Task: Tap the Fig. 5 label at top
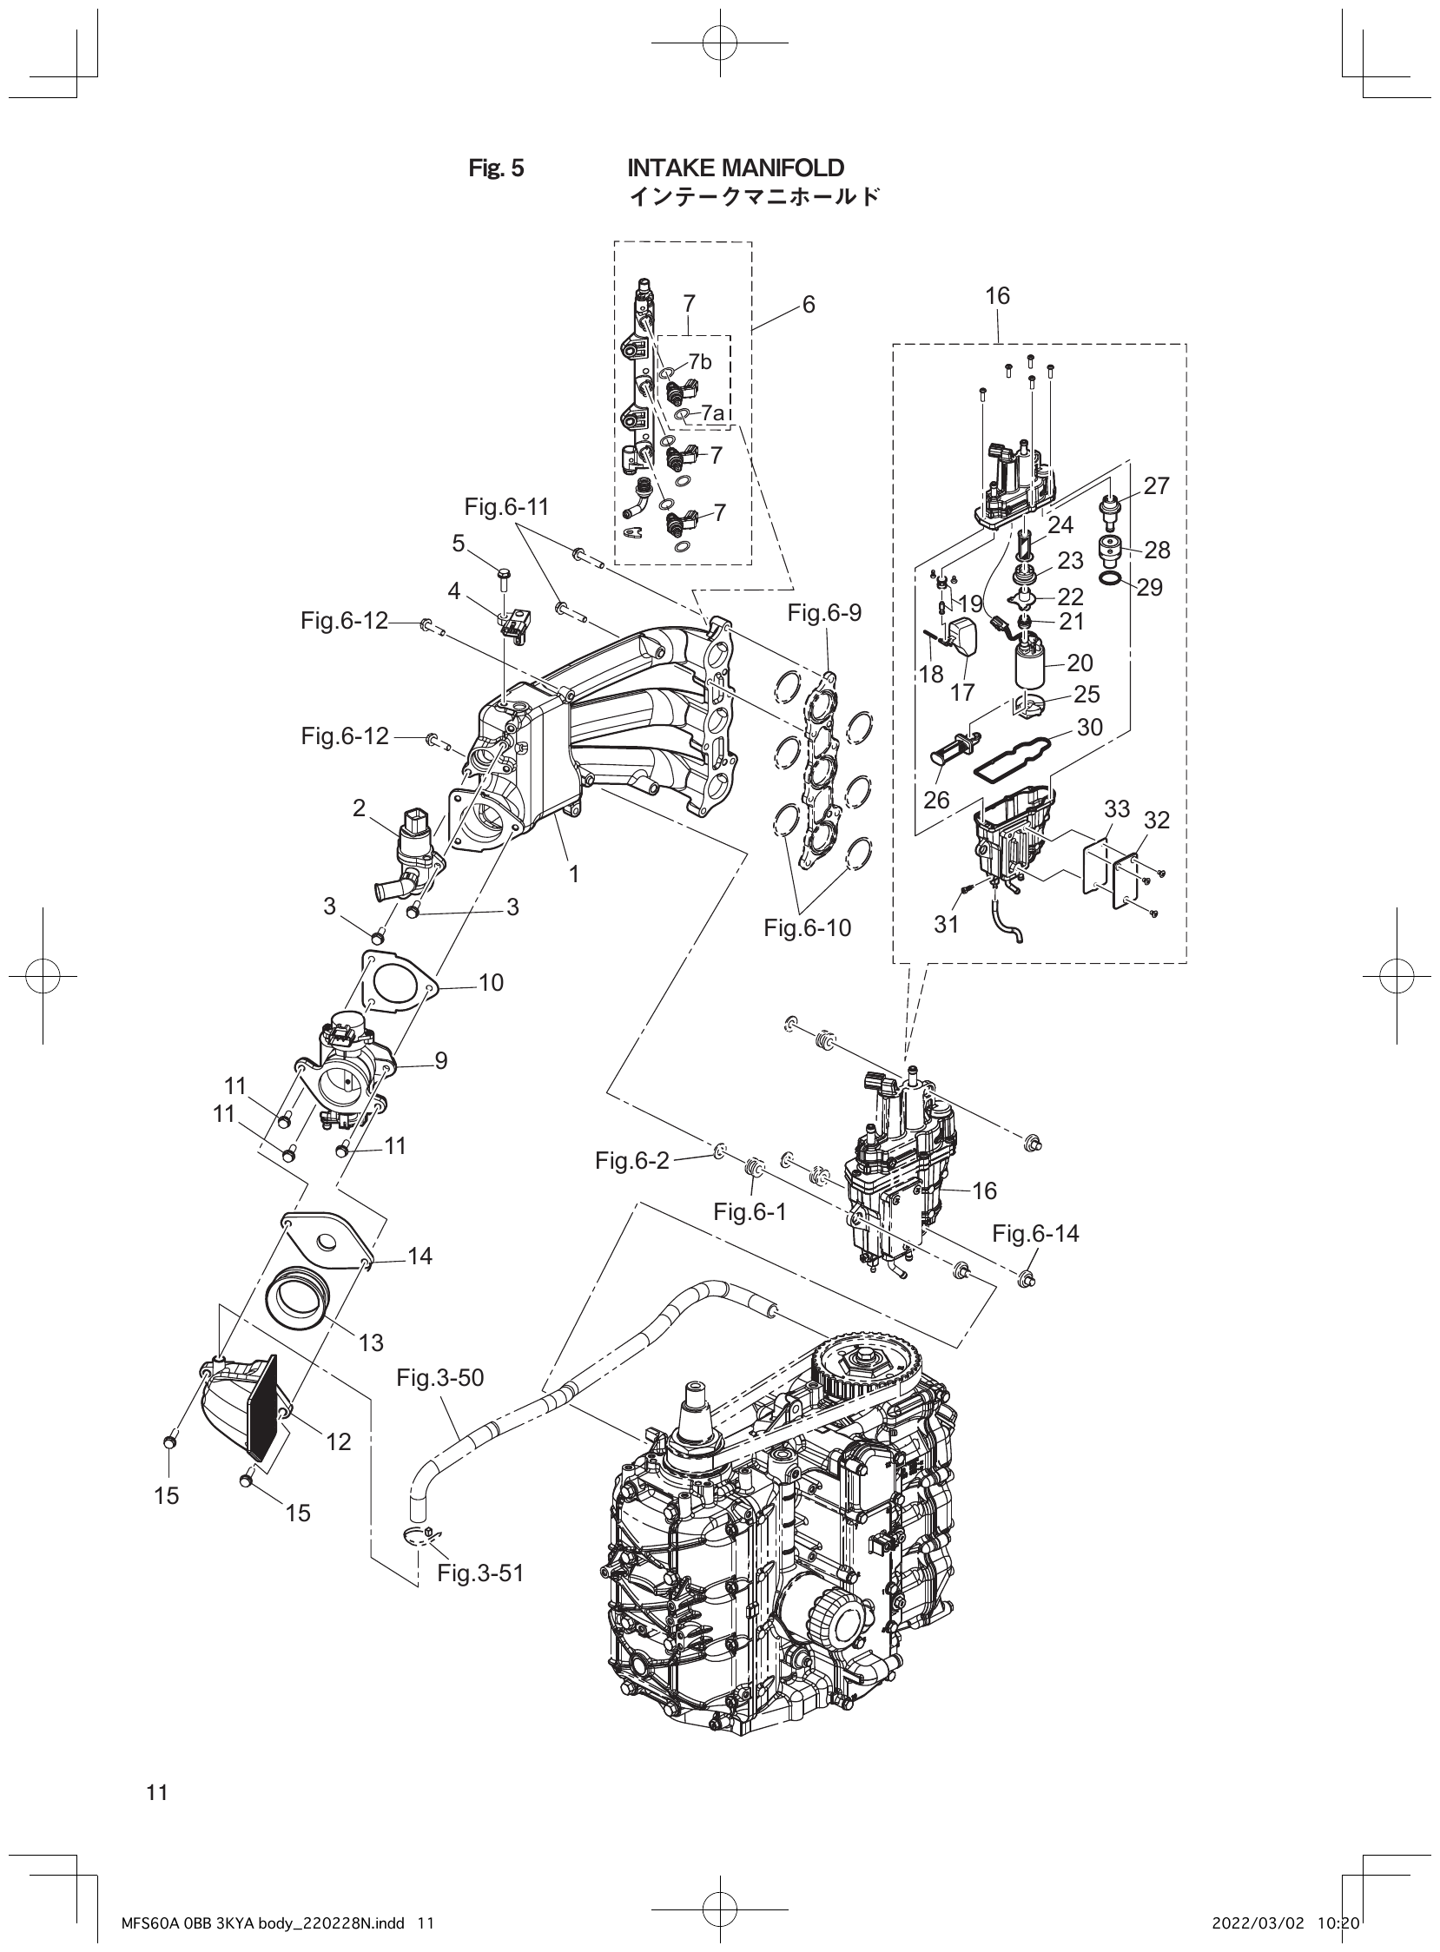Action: tap(496, 168)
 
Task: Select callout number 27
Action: tap(1156, 486)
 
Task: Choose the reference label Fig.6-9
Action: tap(823, 613)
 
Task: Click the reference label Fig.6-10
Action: tap(807, 928)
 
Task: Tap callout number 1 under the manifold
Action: tap(573, 874)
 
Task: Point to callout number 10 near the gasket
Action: tap(491, 983)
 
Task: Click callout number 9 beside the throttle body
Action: tap(441, 1061)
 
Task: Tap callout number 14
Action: tap(420, 1256)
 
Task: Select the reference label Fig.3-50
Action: tap(439, 1377)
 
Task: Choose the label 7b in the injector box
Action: tap(699, 361)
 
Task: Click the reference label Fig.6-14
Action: tap(1034, 1233)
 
